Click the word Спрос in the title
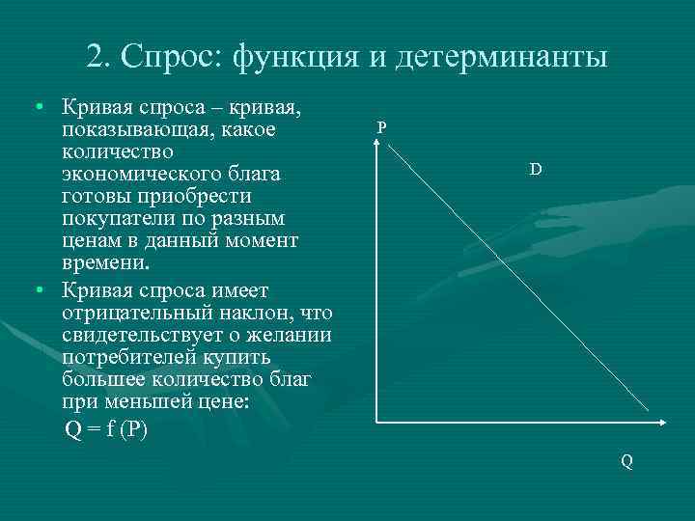(171, 56)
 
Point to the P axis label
(382, 127)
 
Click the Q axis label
(626, 461)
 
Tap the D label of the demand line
(535, 169)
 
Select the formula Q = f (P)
(106, 430)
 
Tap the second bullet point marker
(36, 290)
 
